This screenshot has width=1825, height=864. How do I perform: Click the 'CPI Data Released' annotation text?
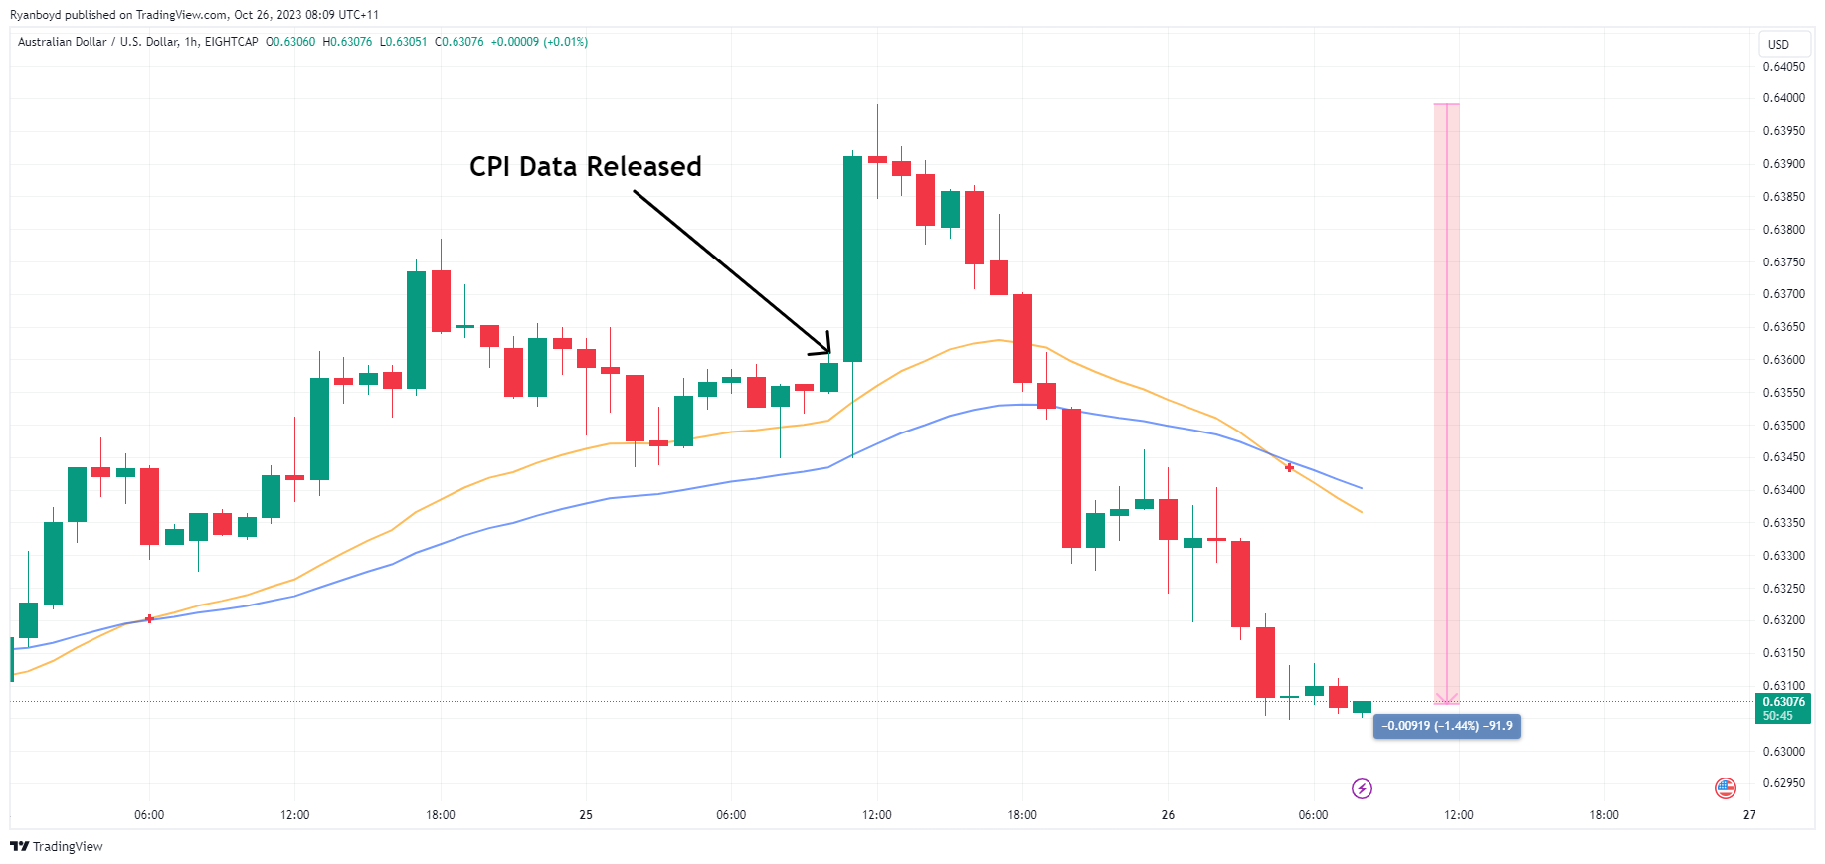coord(585,166)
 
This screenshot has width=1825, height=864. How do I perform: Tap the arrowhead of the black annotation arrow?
coord(827,350)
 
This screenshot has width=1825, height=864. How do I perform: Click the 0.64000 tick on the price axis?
coord(1783,98)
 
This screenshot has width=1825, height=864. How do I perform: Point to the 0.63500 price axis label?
coord(1783,426)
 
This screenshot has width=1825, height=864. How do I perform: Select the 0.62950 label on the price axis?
coord(1783,783)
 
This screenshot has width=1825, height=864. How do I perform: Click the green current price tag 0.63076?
coord(1783,708)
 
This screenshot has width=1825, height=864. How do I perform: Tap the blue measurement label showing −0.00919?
coord(1446,726)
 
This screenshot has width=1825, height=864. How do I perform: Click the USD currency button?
coord(1778,45)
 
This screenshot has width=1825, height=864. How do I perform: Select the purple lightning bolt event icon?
coord(1362,788)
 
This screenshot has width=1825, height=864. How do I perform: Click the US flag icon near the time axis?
coord(1726,788)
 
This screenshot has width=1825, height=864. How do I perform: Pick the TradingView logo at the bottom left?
coord(57,846)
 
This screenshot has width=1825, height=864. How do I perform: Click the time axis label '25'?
coord(586,815)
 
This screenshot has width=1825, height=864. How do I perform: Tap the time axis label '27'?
coord(1749,815)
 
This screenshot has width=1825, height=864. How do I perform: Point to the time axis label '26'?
coord(1168,815)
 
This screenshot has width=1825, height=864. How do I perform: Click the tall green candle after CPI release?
coord(852,259)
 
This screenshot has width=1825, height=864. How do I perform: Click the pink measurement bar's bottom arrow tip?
coord(1447,701)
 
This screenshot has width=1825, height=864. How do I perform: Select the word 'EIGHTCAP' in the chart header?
coord(231,42)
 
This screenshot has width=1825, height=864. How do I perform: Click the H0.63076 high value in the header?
coord(347,42)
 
